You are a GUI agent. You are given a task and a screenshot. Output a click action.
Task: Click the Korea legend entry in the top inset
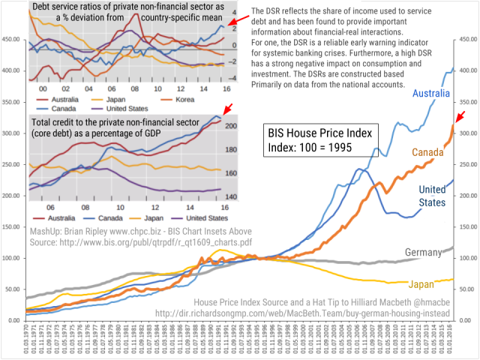pyautogui.click(x=187, y=97)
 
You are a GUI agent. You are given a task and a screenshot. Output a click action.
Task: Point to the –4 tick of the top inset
pyautogui.click(x=233, y=77)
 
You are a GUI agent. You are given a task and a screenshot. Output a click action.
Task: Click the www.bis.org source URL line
pyautogui.click(x=140, y=242)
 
